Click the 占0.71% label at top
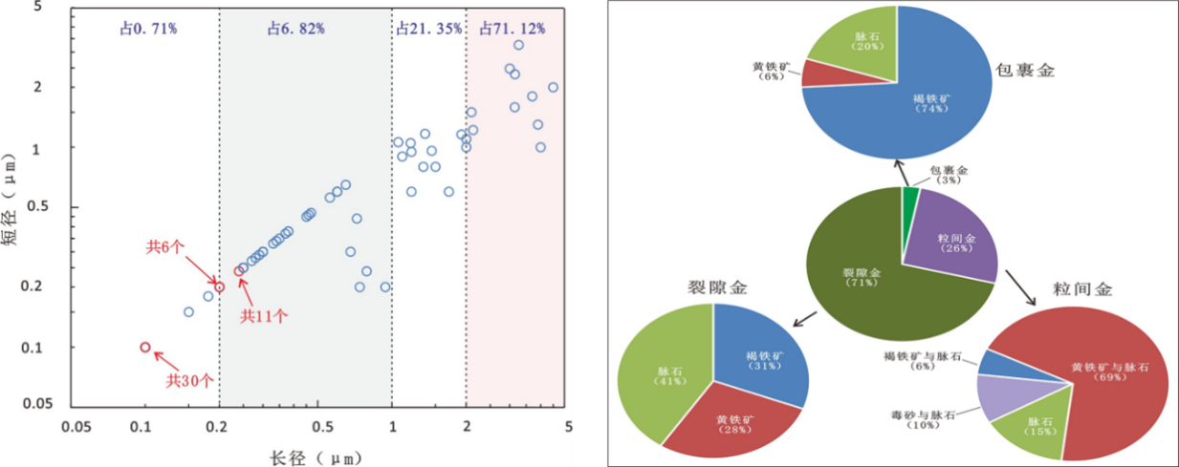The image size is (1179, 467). tap(148, 29)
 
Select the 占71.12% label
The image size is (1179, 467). tap(513, 29)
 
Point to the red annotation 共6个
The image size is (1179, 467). tap(164, 246)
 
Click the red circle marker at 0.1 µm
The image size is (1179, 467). tap(145, 348)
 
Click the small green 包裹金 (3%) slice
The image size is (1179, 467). tap(909, 195)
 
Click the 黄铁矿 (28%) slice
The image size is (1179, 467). tap(731, 420)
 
